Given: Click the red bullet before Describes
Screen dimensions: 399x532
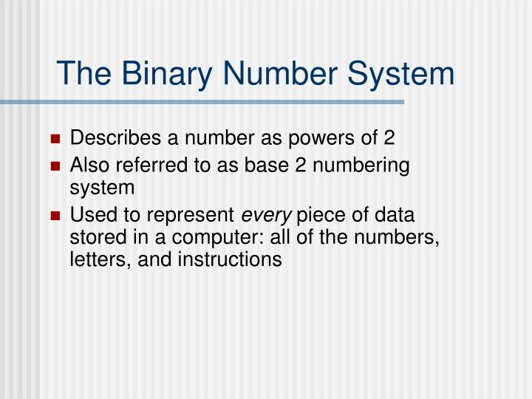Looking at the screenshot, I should click(56, 138).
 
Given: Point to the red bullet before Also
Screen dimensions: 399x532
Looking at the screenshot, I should click(56, 167).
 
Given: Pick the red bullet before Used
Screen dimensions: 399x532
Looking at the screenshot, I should click(56, 216).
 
